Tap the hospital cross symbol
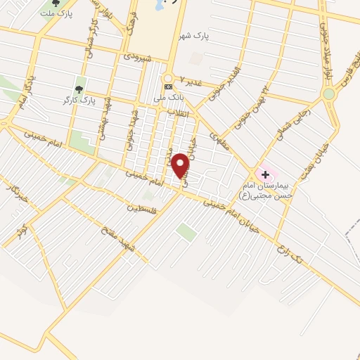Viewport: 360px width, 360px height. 265,174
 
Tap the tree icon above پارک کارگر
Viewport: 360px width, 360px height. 79,89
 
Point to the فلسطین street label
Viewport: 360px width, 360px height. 144,207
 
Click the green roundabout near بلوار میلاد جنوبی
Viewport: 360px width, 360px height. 328,94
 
